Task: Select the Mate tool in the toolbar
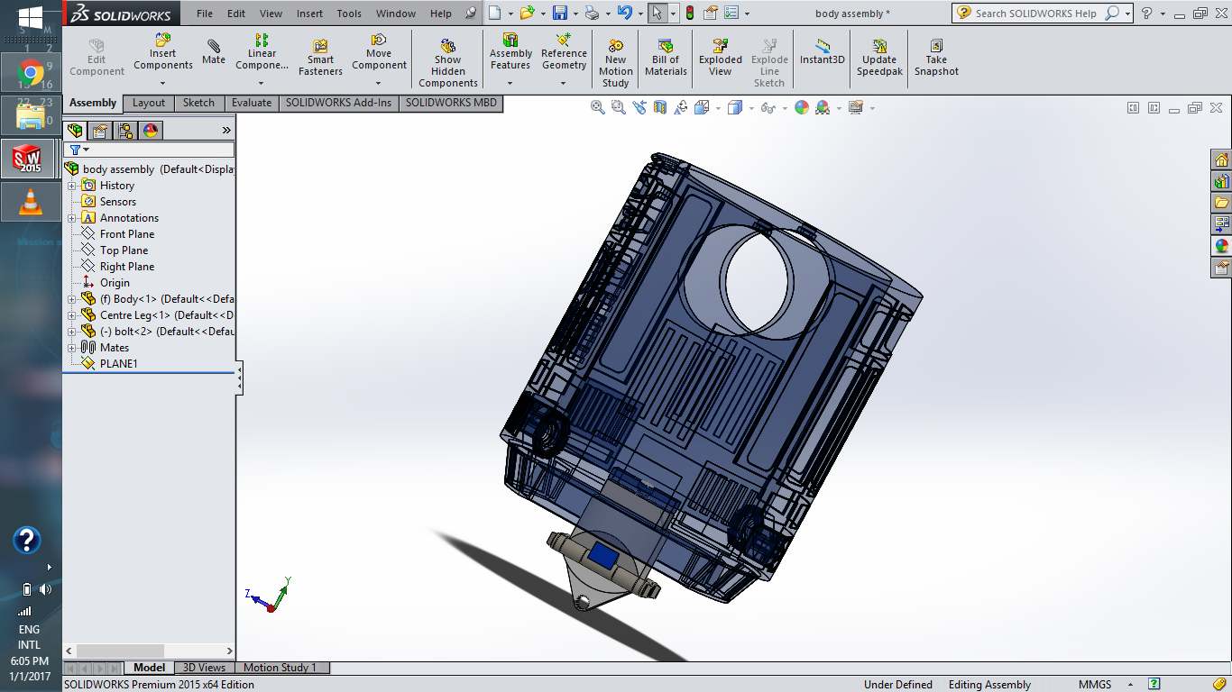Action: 214,51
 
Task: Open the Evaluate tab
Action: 251,103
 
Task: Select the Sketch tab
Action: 198,103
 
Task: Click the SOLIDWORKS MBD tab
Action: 451,103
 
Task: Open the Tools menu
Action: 349,14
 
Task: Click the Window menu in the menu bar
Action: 396,14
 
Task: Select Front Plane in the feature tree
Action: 126,234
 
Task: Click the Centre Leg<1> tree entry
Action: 134,315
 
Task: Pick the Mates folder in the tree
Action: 114,348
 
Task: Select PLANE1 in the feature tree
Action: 118,364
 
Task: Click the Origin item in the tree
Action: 115,283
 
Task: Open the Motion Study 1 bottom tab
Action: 280,668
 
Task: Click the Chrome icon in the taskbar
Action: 31,72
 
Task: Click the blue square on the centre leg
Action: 602,556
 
